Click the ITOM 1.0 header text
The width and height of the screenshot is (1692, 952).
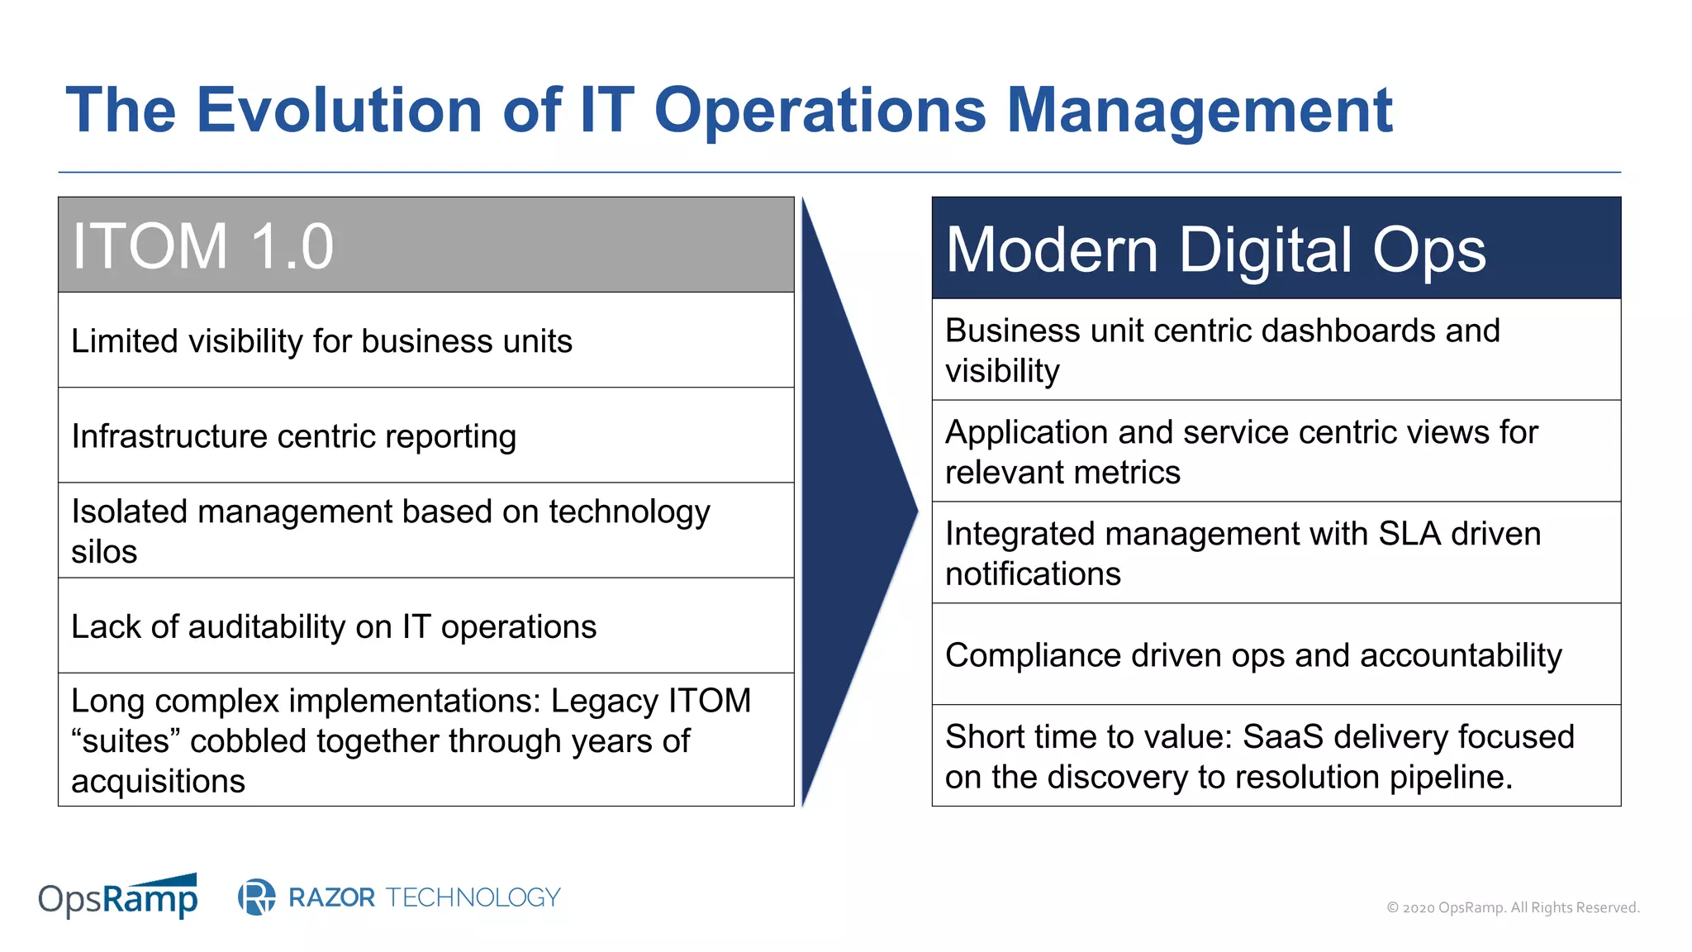tap(202, 246)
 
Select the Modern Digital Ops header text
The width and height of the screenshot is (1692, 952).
tap(1214, 250)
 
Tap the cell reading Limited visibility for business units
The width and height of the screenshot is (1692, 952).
tap(321, 341)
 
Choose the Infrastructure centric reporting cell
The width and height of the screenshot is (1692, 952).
tap(293, 436)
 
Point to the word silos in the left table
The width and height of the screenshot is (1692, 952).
tap(104, 552)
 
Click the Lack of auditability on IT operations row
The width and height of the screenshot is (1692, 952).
tap(333, 627)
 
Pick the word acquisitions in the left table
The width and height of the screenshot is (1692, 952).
tap(158, 781)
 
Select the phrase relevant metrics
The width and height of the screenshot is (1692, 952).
tap(1062, 473)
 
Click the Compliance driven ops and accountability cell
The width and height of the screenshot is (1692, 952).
tap(1252, 655)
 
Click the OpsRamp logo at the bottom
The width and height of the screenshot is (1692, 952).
tap(118, 897)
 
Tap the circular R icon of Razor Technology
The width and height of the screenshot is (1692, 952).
tap(257, 897)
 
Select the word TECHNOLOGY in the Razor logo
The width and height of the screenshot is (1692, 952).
tap(473, 897)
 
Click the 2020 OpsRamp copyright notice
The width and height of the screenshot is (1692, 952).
tap(1512, 907)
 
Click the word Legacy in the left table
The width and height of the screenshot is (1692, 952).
tap(605, 701)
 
